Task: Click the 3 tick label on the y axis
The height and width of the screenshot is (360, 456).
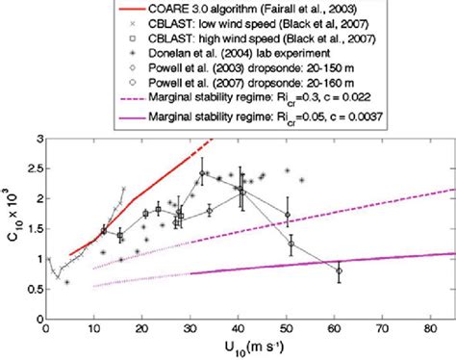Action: pyautogui.click(x=38, y=141)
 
